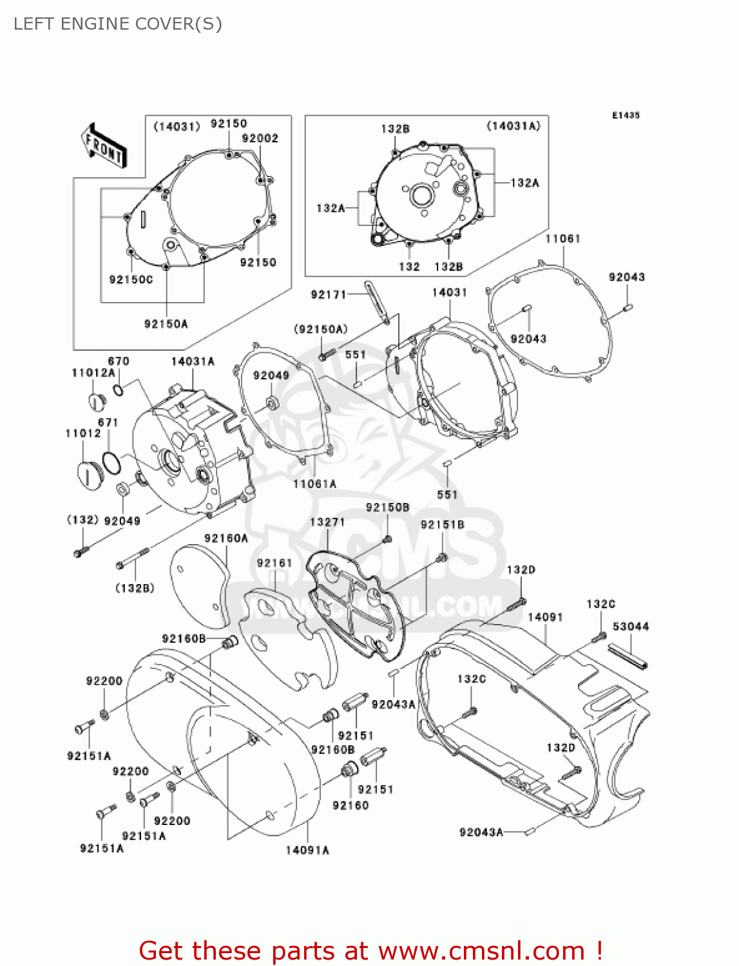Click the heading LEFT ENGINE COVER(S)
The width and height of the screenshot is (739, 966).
(x=118, y=24)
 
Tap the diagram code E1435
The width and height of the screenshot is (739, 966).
(x=626, y=115)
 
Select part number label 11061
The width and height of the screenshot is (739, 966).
(x=562, y=239)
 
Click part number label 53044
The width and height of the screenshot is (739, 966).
(x=631, y=627)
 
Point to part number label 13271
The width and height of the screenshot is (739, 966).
(x=327, y=522)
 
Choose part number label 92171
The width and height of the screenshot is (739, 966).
(x=329, y=294)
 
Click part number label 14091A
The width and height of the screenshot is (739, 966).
(x=307, y=850)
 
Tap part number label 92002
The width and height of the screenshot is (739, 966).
(x=260, y=138)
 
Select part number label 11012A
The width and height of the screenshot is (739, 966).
(x=93, y=373)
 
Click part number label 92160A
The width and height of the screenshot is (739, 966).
(x=226, y=538)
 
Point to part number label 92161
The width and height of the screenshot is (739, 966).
(x=274, y=563)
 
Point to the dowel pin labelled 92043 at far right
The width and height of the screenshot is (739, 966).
(x=629, y=307)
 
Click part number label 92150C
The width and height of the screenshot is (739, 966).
(x=131, y=279)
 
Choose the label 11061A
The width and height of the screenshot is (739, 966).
(x=314, y=484)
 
